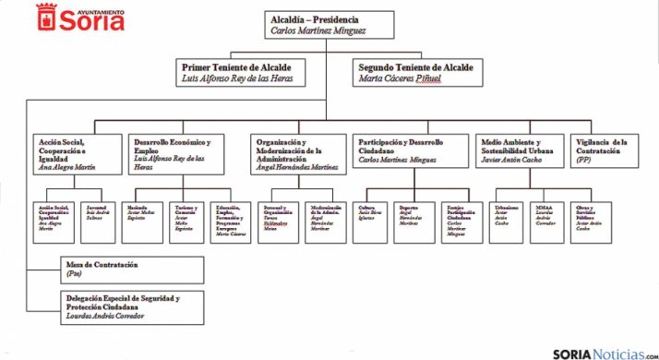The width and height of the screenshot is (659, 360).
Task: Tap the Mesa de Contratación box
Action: [120, 270]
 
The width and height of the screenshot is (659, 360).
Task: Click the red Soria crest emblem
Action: [48, 17]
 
